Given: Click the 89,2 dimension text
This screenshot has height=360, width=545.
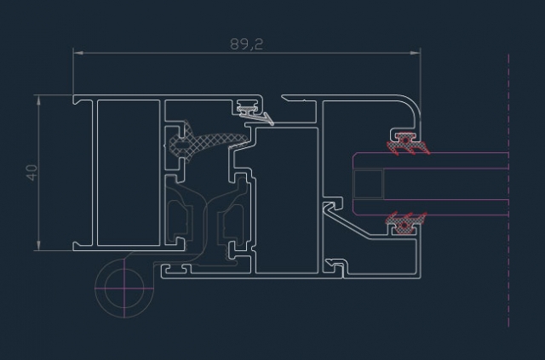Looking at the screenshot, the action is tap(246, 44).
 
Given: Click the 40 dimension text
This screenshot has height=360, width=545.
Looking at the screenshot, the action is tap(32, 173).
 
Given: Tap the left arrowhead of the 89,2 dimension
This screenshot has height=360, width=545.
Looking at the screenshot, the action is tap(78, 53).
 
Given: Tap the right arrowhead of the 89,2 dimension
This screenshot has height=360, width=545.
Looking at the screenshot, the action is tap(416, 53).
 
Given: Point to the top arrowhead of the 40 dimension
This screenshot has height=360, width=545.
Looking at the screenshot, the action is tap(38, 100).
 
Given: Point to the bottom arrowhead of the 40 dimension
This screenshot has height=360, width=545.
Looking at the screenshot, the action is tap(38, 245).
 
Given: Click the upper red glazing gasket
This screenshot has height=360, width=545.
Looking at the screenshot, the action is tap(407, 144).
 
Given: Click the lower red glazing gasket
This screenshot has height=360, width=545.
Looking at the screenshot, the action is tap(405, 223).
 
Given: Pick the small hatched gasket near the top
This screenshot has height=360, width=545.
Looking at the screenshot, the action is tap(248, 110).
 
